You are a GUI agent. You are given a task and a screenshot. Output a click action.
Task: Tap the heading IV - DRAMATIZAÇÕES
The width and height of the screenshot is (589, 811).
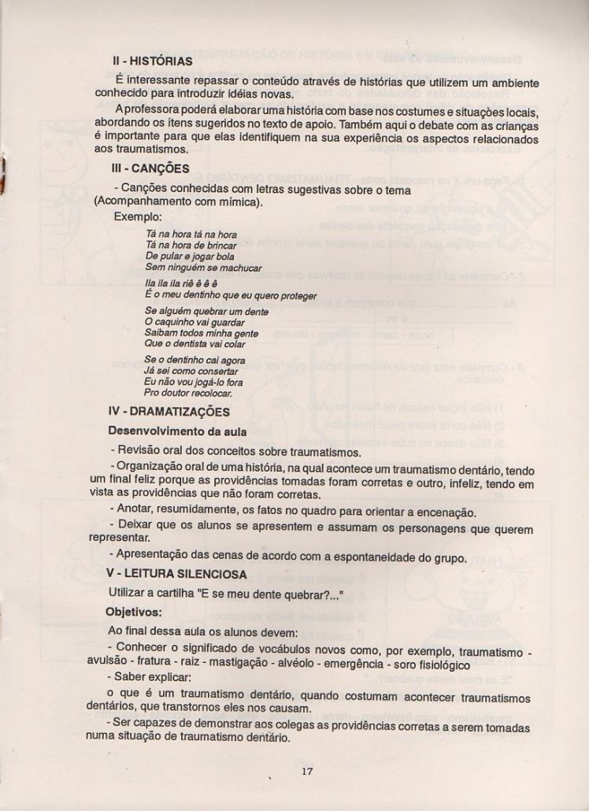coord(169,412)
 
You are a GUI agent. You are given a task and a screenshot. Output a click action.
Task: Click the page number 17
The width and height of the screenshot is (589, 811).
coord(307,772)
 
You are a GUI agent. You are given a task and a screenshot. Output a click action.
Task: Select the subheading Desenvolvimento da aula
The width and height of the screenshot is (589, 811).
coord(177,431)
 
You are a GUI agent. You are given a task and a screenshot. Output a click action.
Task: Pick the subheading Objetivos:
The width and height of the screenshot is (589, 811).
coord(135,611)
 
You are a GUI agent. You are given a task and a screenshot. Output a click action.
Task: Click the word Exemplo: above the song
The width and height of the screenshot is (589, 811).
coord(138,217)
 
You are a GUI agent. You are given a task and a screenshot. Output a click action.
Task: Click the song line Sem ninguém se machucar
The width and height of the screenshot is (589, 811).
coord(194,268)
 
